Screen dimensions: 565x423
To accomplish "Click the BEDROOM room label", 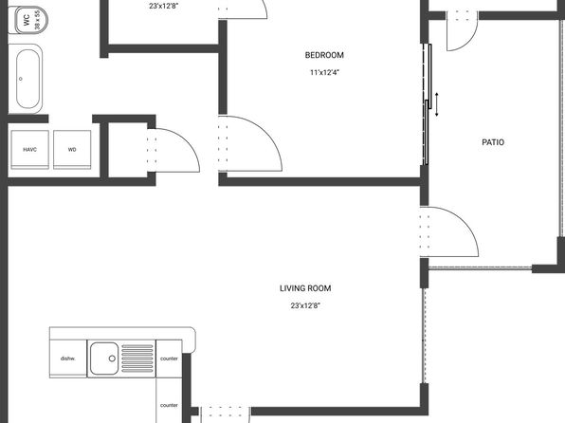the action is pyautogui.click(x=324, y=55).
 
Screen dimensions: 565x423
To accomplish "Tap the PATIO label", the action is pyautogui.click(x=493, y=142).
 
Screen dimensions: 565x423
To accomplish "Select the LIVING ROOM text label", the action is pyautogui.click(x=305, y=288).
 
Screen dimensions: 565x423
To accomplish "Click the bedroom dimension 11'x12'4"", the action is pyautogui.click(x=324, y=72).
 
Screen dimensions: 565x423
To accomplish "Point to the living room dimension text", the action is pyautogui.click(x=305, y=305).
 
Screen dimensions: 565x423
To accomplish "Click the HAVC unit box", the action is pyautogui.click(x=30, y=150).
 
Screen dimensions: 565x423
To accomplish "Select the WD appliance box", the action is pyautogui.click(x=72, y=150).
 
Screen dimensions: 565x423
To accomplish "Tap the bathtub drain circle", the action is pyautogui.click(x=21, y=79).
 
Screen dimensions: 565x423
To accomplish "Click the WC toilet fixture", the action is pyautogui.click(x=27, y=20).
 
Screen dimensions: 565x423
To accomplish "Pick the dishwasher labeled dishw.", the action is pyautogui.click(x=68, y=359).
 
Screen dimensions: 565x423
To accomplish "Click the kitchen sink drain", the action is pyautogui.click(x=112, y=359).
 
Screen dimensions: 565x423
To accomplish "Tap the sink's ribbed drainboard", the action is pyautogui.click(x=137, y=359).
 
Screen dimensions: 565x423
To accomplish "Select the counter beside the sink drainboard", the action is pyautogui.click(x=169, y=359).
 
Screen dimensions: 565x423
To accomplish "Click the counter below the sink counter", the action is pyautogui.click(x=169, y=400).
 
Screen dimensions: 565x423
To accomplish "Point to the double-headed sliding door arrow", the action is pyautogui.click(x=437, y=104).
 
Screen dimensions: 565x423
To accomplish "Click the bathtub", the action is pyautogui.click(x=26, y=79).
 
